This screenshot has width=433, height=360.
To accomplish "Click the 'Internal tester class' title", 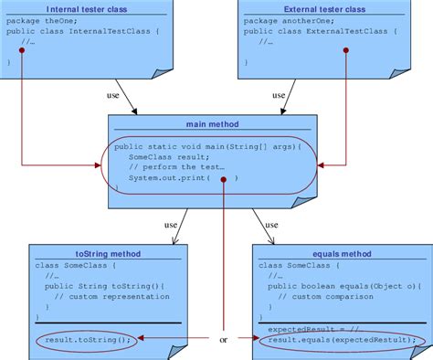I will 88,9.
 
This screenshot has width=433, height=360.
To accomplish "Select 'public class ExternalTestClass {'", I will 315,31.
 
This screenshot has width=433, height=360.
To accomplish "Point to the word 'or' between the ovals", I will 223,341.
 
